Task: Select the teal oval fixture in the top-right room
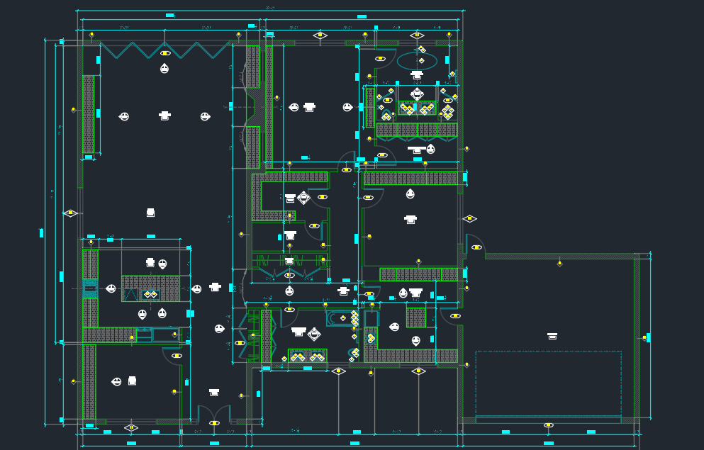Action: (417, 62)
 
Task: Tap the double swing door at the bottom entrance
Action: (214, 415)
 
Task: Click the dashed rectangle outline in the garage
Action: (548, 383)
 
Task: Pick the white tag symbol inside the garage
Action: (552, 336)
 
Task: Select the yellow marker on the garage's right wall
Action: (644, 338)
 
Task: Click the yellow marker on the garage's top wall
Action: (559, 263)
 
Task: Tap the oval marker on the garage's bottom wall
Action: (548, 425)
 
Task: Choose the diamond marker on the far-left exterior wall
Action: (70, 213)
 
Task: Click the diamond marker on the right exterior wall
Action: (469, 219)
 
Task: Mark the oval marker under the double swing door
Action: (214, 423)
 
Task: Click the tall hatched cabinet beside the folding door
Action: (88, 114)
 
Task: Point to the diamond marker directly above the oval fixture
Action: (417, 35)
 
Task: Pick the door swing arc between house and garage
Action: (474, 243)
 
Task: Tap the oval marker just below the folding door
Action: (165, 53)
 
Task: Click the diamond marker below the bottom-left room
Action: (131, 427)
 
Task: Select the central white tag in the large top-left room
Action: (164, 115)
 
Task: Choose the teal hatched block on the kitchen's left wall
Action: (90, 288)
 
